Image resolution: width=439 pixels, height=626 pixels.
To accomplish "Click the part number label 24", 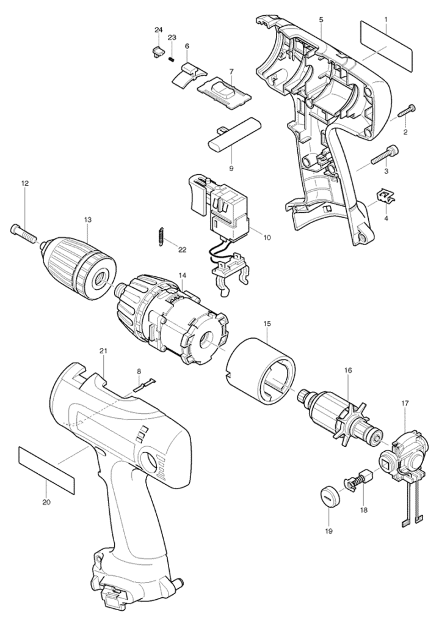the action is pos(159,30).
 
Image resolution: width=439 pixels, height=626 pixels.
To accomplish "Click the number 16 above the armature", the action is pos(348,370).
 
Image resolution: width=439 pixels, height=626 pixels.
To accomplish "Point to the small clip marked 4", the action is pos(385,196).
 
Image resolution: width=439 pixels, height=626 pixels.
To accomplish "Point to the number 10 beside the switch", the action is pos(266,237).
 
